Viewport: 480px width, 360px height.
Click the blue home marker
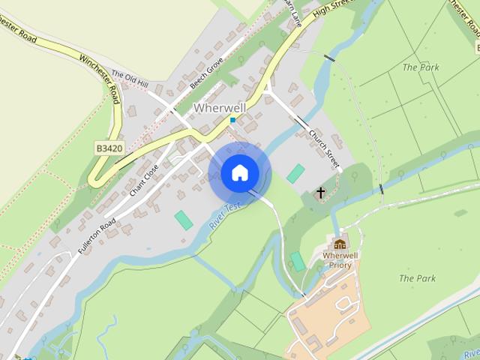pyautogui.click(x=239, y=172)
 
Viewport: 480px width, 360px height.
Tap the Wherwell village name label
pyautogui.click(x=220, y=108)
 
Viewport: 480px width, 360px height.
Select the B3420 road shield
pyautogui.click(x=109, y=149)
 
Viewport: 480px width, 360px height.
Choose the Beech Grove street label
pyautogui.click(x=206, y=73)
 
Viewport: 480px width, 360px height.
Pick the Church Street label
pyautogui.click(x=325, y=147)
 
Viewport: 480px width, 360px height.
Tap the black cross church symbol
pyautogui.click(x=320, y=193)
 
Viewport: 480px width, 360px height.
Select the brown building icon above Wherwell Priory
pyautogui.click(x=340, y=244)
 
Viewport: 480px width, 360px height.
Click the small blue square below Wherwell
pyautogui.click(x=233, y=120)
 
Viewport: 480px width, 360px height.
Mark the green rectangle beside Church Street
pyautogui.click(x=296, y=173)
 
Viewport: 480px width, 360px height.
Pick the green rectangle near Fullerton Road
pyautogui.click(x=183, y=220)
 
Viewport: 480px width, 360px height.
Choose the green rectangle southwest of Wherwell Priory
pyautogui.click(x=298, y=262)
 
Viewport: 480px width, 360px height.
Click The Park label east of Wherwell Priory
pyautogui.click(x=417, y=278)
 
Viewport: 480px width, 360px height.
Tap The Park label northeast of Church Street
pyautogui.click(x=420, y=67)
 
